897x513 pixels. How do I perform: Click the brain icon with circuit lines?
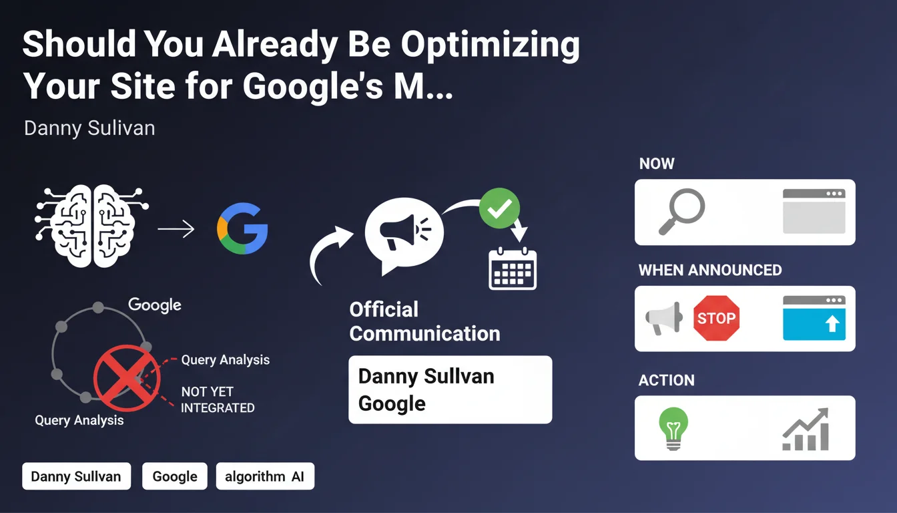(91, 226)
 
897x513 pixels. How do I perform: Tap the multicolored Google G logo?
(243, 228)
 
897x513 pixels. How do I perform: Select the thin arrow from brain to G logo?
(176, 229)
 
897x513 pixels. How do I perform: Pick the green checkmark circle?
(499, 208)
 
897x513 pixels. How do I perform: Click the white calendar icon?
(513, 269)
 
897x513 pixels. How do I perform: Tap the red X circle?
(127, 378)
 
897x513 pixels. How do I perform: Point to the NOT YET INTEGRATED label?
(218, 399)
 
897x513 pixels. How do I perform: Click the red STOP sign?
(716, 318)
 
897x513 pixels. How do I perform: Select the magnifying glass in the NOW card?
(681, 212)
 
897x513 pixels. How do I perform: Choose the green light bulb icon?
(673, 428)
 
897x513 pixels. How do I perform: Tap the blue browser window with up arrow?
(814, 318)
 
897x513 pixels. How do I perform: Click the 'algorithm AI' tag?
(265, 476)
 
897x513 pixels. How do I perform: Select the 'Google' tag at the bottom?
(175, 476)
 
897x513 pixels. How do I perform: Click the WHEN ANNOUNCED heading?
(710, 270)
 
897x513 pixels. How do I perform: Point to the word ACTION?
(666, 380)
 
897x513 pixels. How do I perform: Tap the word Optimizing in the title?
(491, 45)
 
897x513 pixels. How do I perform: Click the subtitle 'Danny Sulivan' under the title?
(89, 128)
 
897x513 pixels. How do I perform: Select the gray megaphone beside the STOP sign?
(664, 318)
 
